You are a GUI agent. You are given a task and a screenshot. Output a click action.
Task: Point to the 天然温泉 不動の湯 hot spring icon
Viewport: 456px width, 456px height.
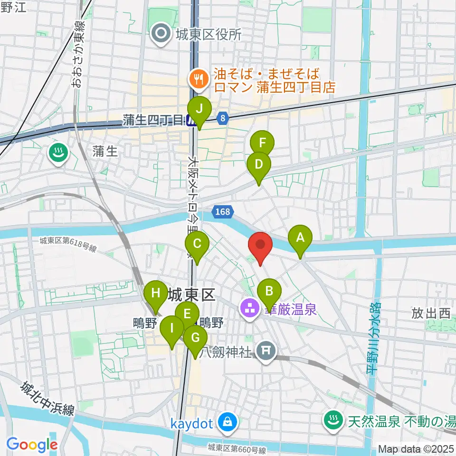[x=331, y=420]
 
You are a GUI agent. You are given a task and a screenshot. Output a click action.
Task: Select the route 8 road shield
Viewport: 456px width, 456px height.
[x=223, y=118]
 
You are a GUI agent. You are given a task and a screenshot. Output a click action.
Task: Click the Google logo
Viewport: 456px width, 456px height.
[x=32, y=444]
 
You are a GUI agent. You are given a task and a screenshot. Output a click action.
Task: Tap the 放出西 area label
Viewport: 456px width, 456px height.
[x=430, y=313]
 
